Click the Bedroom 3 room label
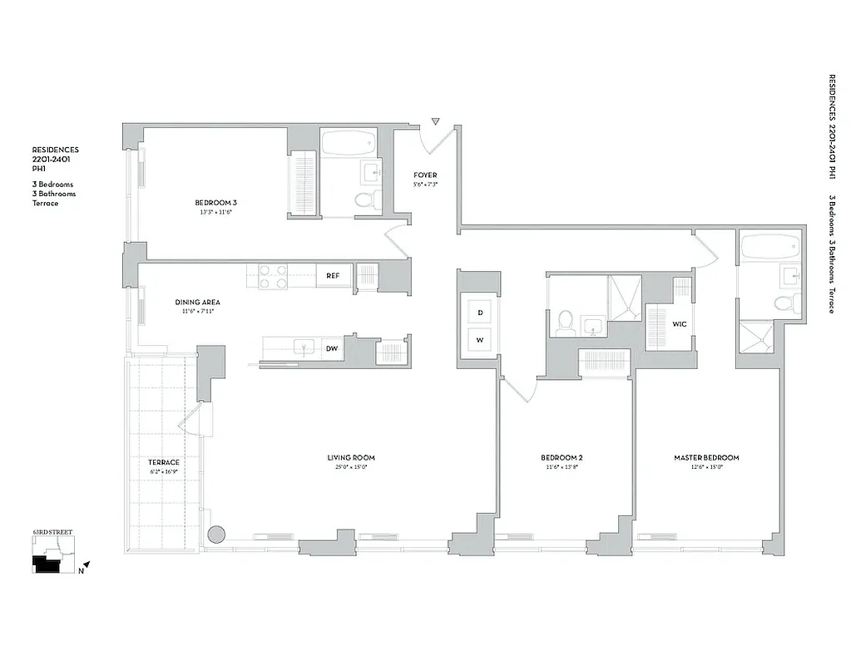coord(215,203)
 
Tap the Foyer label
coord(425,175)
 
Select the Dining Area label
coord(197,302)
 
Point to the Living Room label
coord(350,457)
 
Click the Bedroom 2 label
coord(562,457)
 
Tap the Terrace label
coord(164,462)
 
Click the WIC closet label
coord(679,323)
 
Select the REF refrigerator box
coord(333,276)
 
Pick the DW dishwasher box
coord(331,349)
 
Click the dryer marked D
coord(480,313)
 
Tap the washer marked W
coord(480,339)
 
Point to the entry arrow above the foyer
coord(435,122)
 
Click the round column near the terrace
coord(217,534)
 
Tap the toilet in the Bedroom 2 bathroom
coord(565,321)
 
